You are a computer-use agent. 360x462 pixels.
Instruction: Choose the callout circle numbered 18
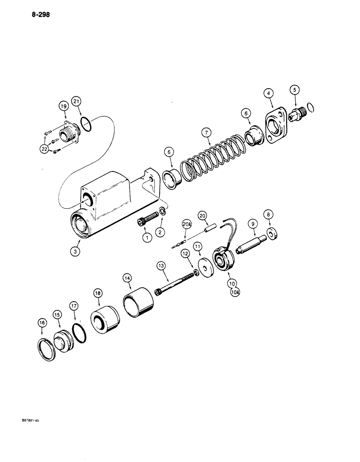[97, 293]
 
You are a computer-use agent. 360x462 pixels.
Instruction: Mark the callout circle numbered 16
[42, 324]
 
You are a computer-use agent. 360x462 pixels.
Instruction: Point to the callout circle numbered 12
[184, 253]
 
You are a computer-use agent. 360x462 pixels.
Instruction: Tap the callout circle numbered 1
[147, 238]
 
